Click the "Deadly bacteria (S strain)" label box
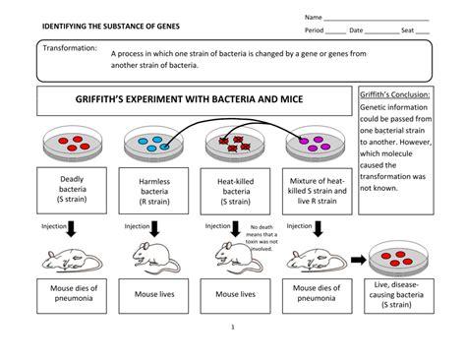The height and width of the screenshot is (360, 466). (x=72, y=190)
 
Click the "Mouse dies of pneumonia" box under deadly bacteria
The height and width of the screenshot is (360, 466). (x=71, y=293)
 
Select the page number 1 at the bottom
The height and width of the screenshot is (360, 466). (x=232, y=327)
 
